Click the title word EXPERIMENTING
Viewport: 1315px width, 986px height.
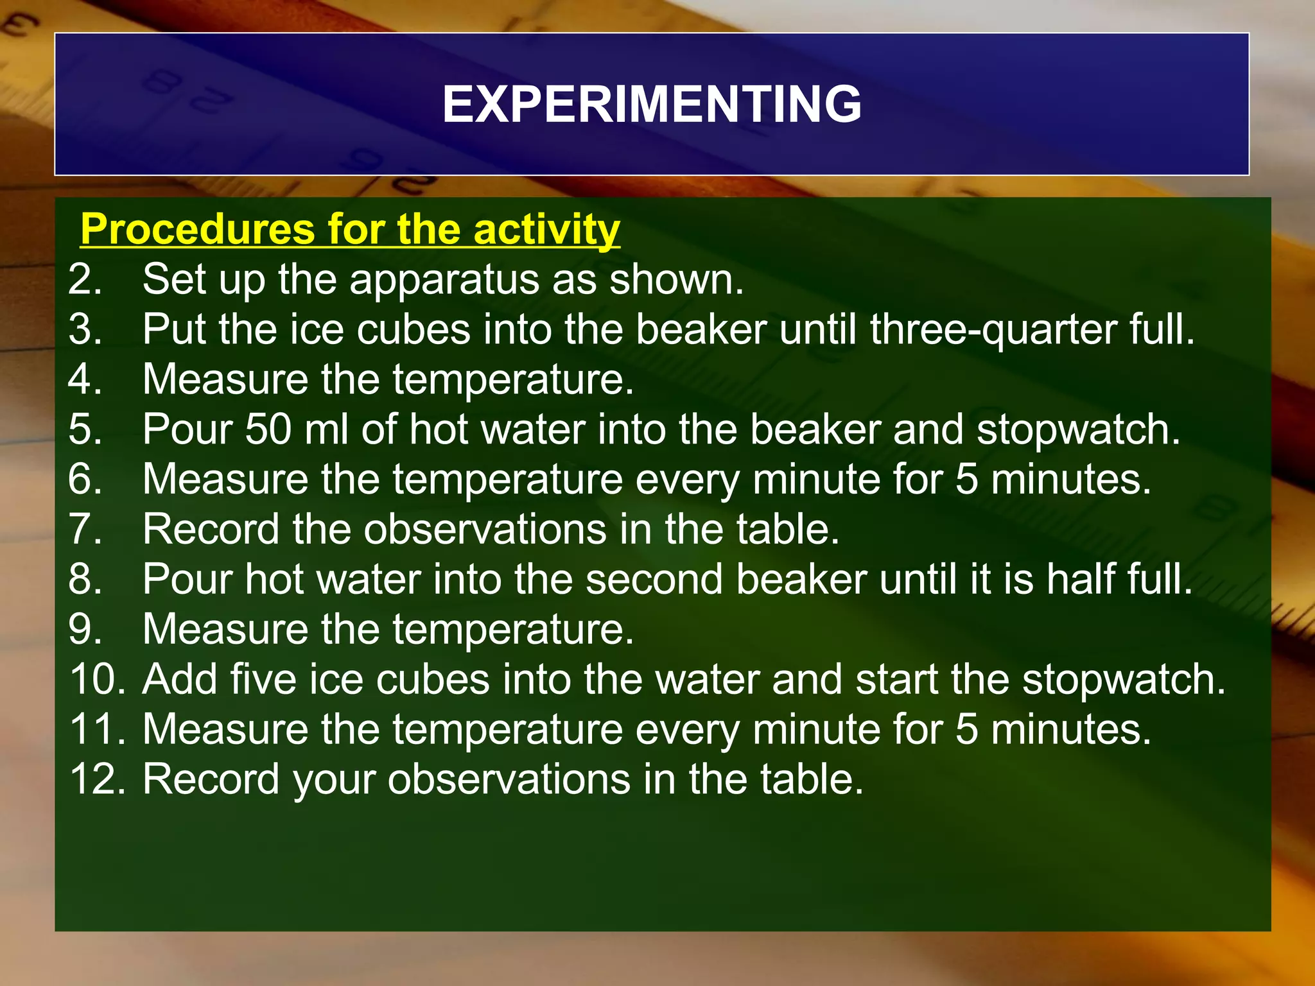coord(652,105)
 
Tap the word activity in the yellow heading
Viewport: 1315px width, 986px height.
coord(546,229)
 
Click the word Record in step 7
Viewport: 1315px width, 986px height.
coord(211,530)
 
